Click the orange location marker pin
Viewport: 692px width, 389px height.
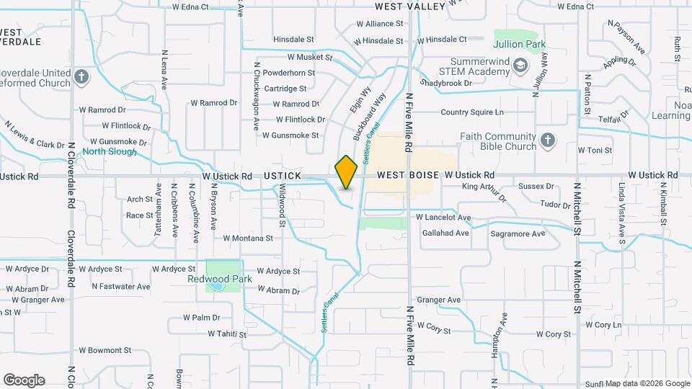point(347,172)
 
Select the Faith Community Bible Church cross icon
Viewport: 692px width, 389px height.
point(548,140)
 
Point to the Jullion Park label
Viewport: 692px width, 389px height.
point(528,45)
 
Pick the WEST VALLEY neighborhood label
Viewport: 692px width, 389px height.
point(411,6)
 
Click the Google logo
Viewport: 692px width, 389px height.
point(24,380)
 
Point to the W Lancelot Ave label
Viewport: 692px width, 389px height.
point(443,218)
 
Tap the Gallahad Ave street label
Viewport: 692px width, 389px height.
point(445,233)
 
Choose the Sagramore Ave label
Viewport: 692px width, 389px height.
point(518,234)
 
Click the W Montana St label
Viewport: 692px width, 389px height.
point(248,238)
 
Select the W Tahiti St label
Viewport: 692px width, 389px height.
point(227,334)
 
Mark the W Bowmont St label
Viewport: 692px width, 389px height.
point(105,351)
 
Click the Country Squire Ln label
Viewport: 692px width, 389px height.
point(472,112)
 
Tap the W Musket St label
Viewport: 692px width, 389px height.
point(310,56)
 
